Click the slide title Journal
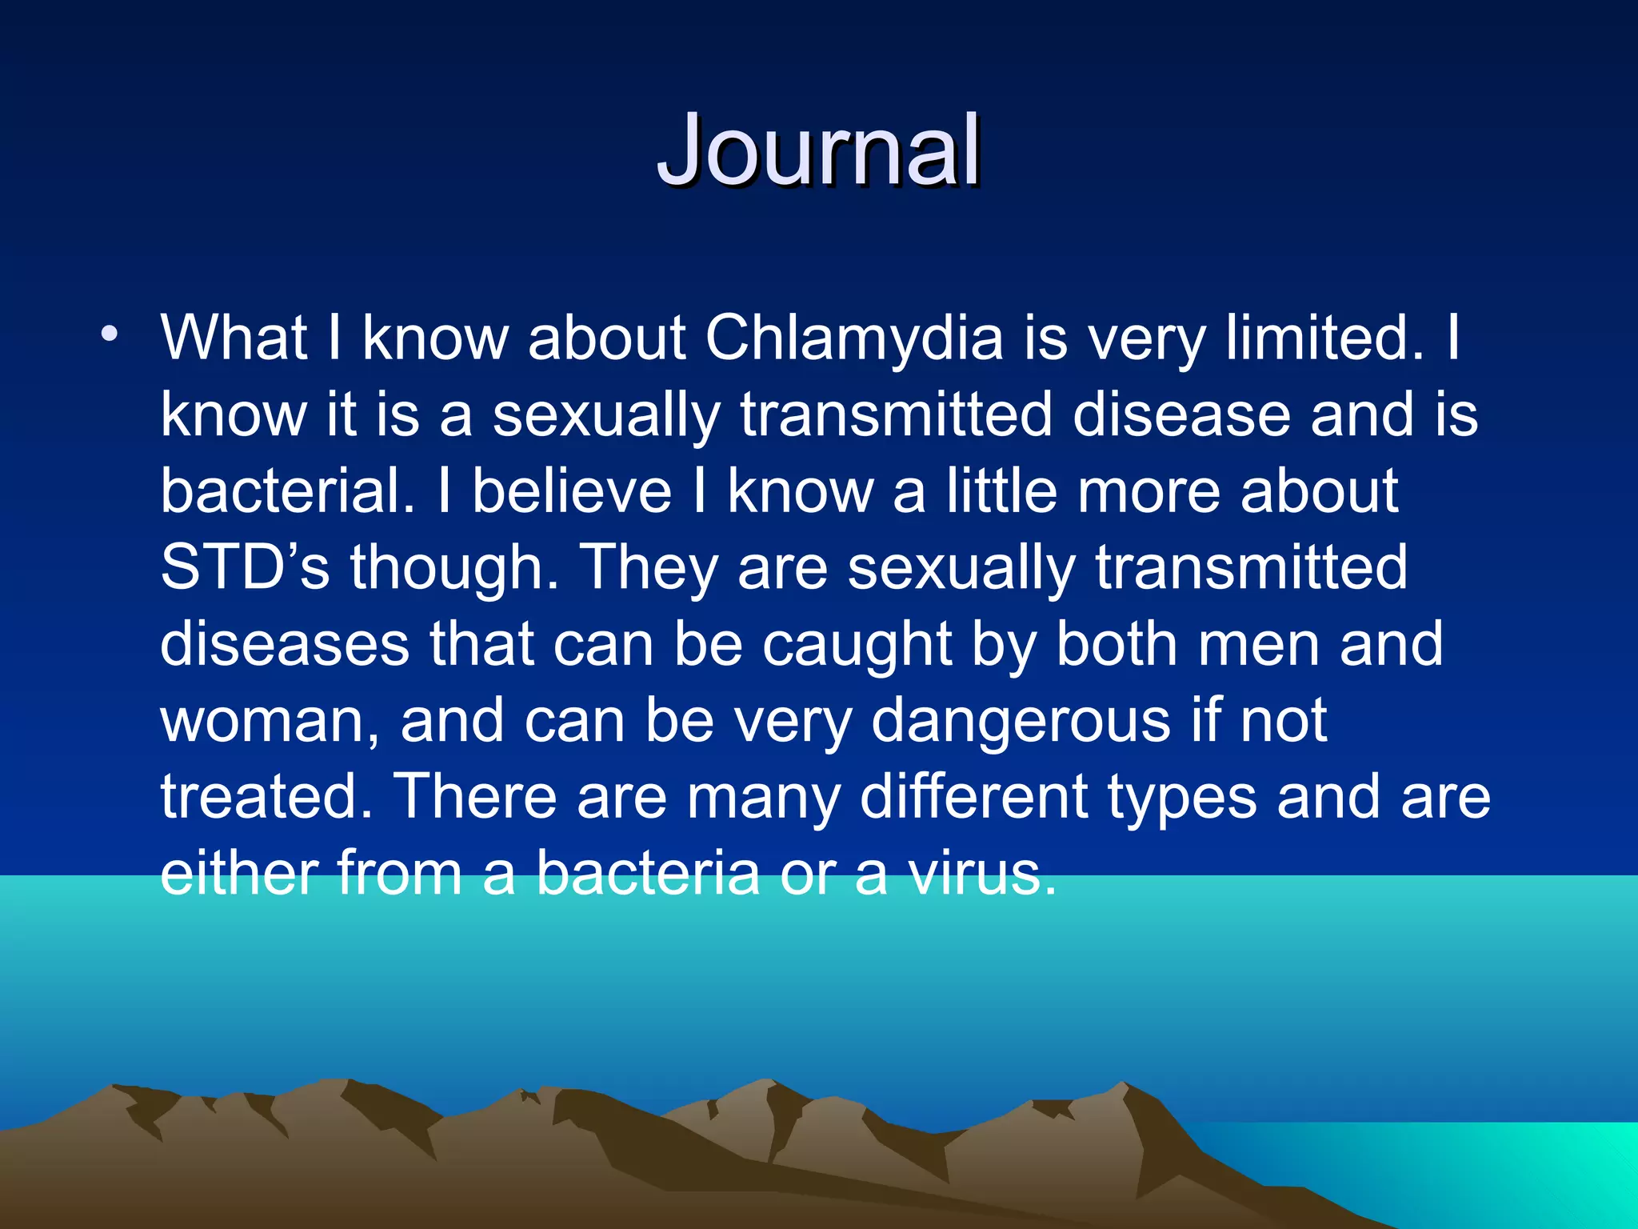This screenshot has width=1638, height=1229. [x=819, y=152]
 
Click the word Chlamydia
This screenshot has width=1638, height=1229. [x=853, y=338]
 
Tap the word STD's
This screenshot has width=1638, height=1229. [x=245, y=567]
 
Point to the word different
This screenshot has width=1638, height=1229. [x=973, y=797]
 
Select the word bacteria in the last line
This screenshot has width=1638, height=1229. [x=647, y=873]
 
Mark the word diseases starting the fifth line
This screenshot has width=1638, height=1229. [x=285, y=645]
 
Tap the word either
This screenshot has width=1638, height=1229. [x=238, y=873]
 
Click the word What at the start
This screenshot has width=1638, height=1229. [x=234, y=338]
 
